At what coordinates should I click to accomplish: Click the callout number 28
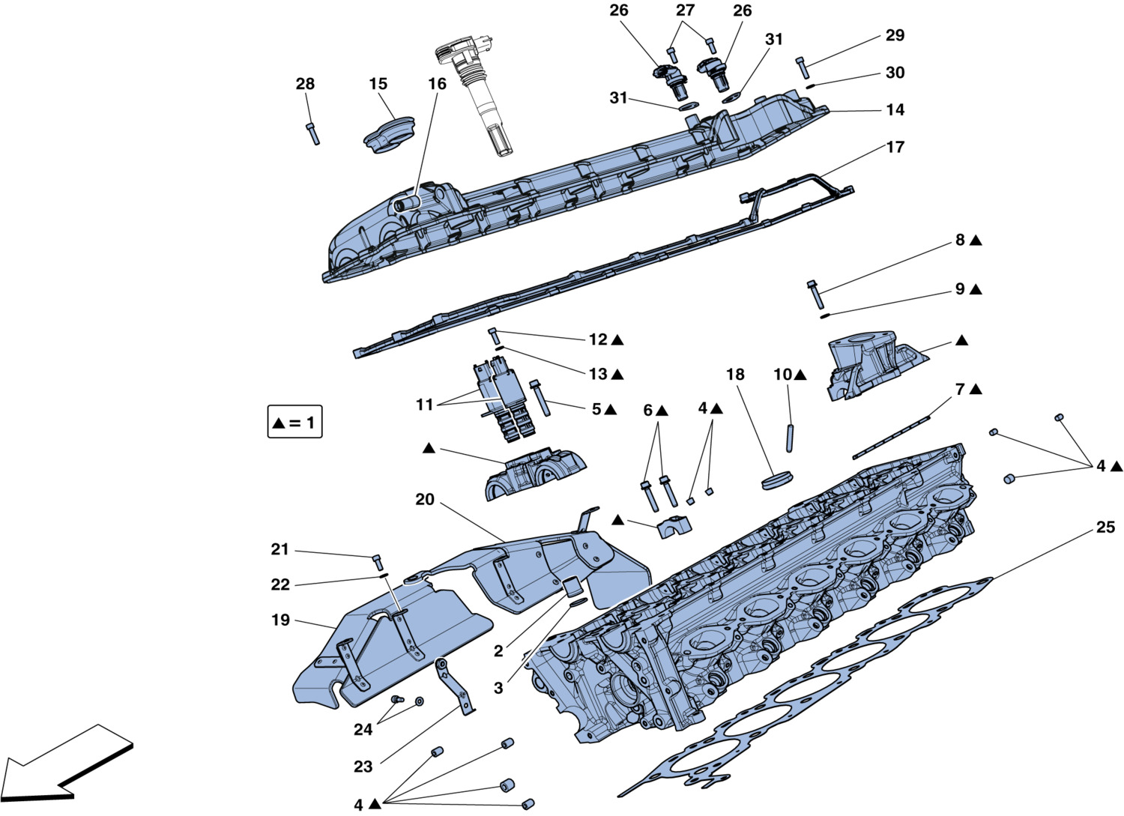tap(305, 84)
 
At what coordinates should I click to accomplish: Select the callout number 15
tap(378, 84)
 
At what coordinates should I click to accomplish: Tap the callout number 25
tap(1105, 528)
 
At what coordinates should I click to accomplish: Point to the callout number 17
tap(895, 147)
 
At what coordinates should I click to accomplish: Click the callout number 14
tap(895, 110)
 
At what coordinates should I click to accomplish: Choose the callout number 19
tap(280, 620)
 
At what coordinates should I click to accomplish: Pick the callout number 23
tap(363, 767)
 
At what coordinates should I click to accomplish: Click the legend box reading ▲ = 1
tap(295, 423)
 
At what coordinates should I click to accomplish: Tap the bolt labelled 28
tap(313, 133)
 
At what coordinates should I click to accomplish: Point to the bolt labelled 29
tap(803, 67)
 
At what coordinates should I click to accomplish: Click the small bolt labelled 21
tap(378, 560)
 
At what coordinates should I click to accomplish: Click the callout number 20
tap(425, 499)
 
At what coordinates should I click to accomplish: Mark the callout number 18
tap(735, 374)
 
